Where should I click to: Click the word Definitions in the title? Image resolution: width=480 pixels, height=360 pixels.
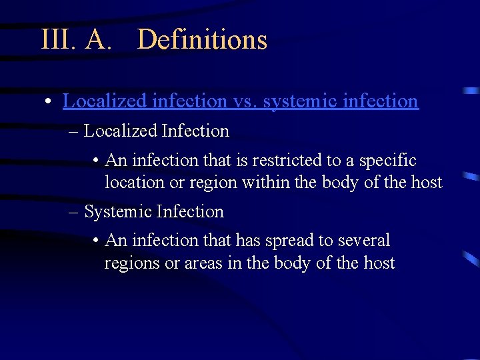[202, 39]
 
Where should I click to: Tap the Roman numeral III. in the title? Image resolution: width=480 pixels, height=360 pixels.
[59, 39]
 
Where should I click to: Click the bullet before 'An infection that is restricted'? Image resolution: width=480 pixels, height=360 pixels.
[97, 161]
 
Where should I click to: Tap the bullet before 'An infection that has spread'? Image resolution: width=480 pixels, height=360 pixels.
[97, 241]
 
